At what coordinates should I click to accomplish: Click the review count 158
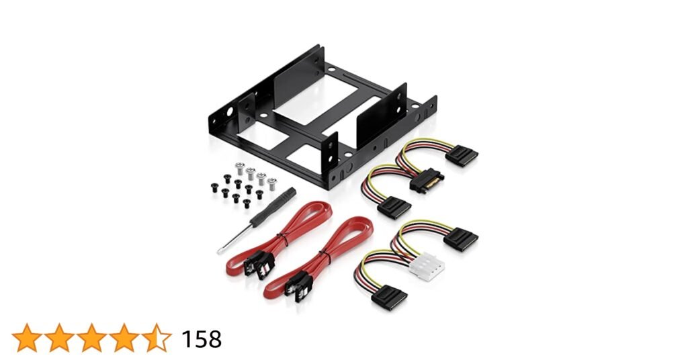click(202, 339)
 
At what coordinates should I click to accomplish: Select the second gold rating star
click(60, 338)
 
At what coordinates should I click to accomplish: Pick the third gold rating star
click(91, 338)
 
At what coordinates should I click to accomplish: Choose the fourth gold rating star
click(124, 338)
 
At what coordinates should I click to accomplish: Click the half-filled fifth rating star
click(156, 338)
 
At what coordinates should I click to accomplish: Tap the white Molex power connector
click(427, 265)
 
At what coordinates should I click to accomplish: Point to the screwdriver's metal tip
click(218, 252)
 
